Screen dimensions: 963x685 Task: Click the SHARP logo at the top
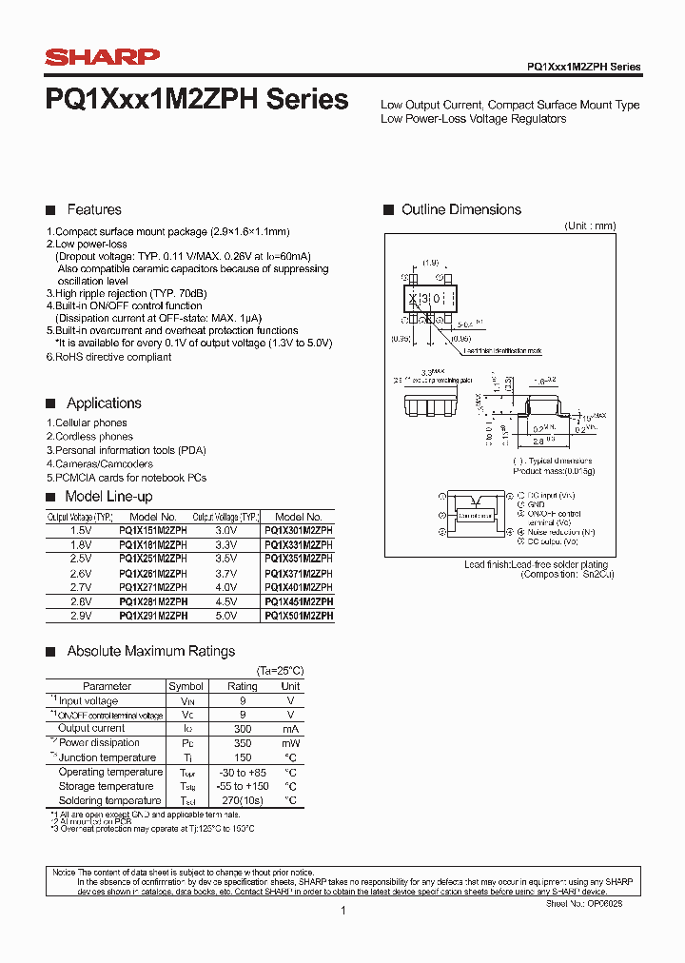tap(103, 58)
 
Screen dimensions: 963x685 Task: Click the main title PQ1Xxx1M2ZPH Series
tap(197, 100)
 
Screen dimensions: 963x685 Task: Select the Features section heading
tap(93, 209)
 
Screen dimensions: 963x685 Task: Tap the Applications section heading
tap(104, 403)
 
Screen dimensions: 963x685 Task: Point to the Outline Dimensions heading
tap(460, 209)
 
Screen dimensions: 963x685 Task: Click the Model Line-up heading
tap(108, 497)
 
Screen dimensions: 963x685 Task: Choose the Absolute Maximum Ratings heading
tap(150, 652)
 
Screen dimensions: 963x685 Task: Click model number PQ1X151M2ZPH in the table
tap(153, 531)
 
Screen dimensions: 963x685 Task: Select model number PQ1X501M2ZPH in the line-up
tap(298, 616)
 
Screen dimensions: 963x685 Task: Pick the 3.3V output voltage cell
tap(225, 545)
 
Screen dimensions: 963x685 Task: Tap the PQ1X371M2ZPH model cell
tap(298, 574)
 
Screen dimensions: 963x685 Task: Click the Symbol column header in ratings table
tap(186, 686)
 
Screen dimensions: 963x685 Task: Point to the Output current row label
tap(91, 728)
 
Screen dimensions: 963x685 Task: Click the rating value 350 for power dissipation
tap(242, 743)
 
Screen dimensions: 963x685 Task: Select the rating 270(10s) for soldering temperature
tap(242, 800)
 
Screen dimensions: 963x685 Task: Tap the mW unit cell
tap(290, 743)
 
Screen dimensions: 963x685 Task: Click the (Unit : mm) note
tap(590, 226)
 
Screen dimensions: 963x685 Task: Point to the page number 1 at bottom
tap(342, 911)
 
